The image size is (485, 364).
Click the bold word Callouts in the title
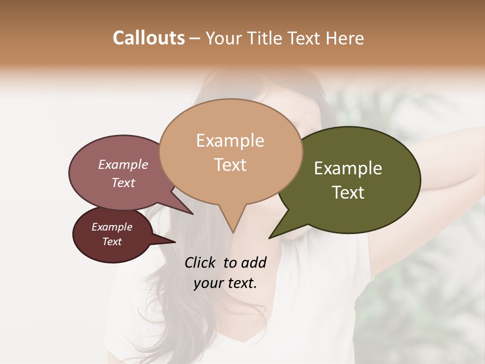[149, 38]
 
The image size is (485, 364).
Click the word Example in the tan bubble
[230, 141]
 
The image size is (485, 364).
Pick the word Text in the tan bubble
[230, 165]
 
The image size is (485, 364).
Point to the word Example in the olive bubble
[348, 168]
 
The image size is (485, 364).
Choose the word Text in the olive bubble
[348, 193]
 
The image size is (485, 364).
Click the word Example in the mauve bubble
[123, 165]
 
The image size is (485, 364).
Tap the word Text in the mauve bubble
[123, 183]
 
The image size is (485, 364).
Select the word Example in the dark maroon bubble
[112, 227]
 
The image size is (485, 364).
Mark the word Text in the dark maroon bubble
[112, 242]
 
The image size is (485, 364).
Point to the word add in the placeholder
[254, 262]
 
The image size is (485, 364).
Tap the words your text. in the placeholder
[225, 283]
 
